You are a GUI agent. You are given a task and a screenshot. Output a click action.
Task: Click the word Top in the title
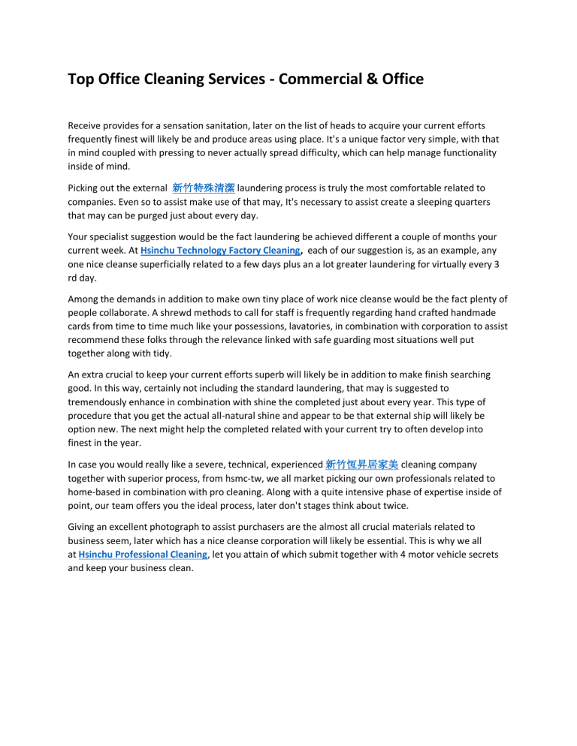(x=81, y=78)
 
